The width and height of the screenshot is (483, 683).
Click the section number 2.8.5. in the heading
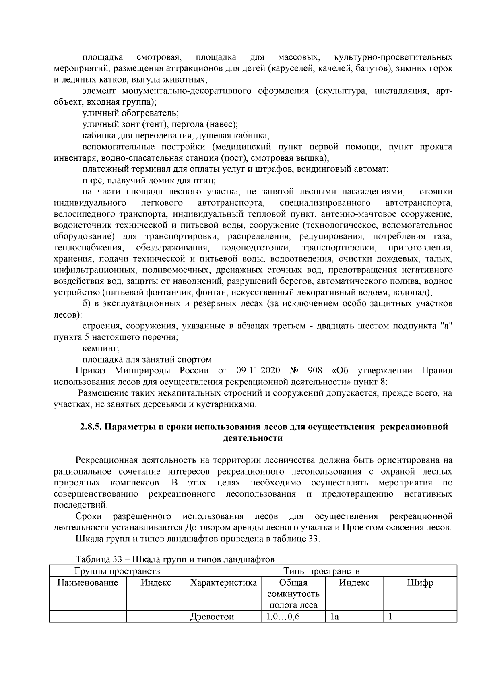[92, 427]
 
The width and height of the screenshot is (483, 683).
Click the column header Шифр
[420, 582]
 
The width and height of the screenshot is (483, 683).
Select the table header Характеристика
[223, 582]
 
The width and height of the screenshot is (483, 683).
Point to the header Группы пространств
[117, 571]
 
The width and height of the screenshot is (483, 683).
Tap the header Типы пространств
[321, 571]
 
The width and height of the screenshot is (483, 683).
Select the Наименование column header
[88, 582]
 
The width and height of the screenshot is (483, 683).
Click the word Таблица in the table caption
[92, 559]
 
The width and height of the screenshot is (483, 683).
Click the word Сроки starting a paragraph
[89, 516]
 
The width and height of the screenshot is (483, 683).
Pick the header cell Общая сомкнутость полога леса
[293, 594]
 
